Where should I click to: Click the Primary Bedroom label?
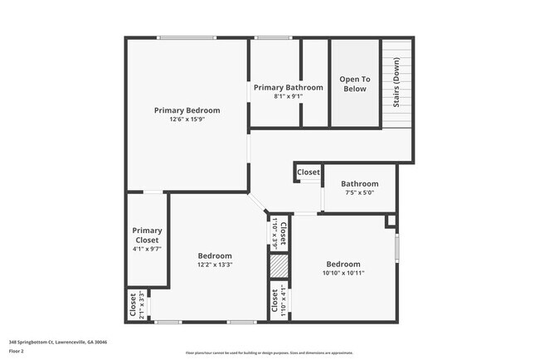point(187,109)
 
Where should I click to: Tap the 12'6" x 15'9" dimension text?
point(187,119)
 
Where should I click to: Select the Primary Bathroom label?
point(288,87)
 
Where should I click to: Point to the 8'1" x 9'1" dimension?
point(288,96)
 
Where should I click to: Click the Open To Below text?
point(354,84)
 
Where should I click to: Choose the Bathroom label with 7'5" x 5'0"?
point(359,183)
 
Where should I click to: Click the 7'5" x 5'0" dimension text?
point(359,192)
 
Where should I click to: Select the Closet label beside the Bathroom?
point(308,173)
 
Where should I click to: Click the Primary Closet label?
point(148,235)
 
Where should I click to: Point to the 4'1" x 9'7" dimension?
point(148,249)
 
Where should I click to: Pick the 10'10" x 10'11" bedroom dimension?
point(342,273)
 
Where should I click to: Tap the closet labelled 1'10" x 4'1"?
point(279,302)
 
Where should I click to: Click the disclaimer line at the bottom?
point(269,352)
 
